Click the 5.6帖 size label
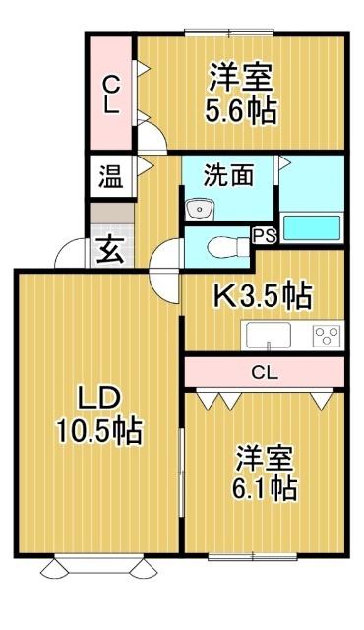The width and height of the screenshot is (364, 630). click(241, 107)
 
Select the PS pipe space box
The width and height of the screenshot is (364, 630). click(264, 235)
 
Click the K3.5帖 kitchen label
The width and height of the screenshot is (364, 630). click(263, 293)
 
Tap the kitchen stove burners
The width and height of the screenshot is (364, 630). click(325, 336)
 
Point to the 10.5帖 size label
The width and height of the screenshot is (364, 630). click(98, 430)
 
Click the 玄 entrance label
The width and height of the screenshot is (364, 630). click(109, 250)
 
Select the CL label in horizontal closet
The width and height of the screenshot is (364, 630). click(264, 372)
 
